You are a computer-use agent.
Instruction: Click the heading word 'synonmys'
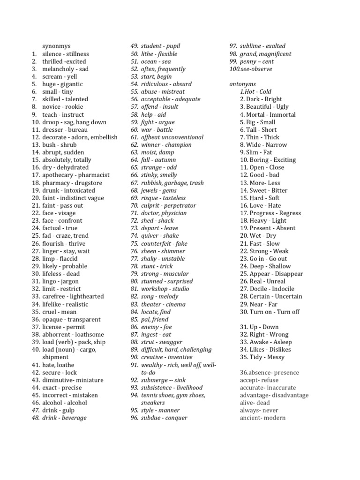[56, 46]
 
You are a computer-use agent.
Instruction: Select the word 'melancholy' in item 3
[59, 69]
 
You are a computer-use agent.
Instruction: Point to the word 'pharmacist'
[93, 175]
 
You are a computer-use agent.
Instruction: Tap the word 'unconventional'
[182, 137]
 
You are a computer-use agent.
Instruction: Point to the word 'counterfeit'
[157, 243]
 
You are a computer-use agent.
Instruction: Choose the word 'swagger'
[171, 342]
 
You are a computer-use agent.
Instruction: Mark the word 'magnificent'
[275, 54]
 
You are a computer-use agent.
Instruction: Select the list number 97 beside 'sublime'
[232, 46]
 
